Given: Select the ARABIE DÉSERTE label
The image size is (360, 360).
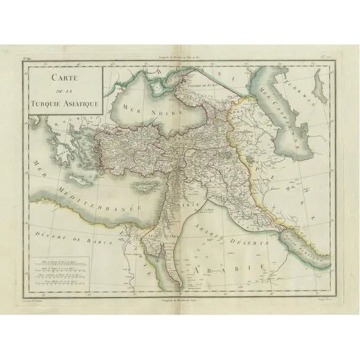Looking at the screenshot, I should [x=225, y=238].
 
